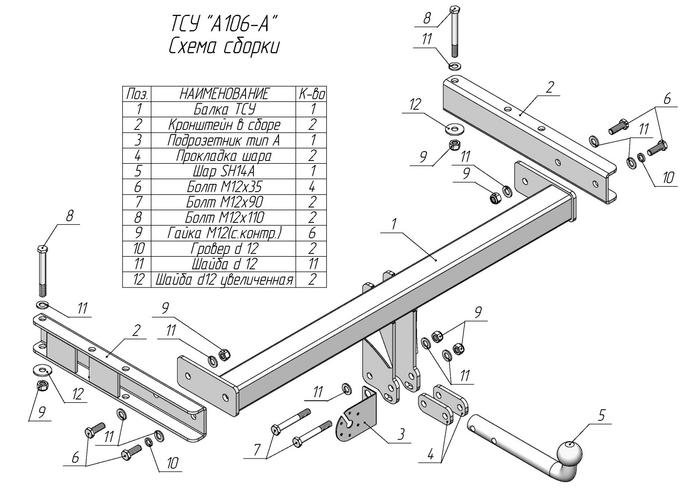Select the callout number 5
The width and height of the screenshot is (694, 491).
601,415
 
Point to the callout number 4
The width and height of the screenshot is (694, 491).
430,454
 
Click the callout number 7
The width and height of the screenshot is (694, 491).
256,450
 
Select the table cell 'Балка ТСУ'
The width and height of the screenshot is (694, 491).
224,109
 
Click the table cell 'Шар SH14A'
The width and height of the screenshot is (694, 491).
224,171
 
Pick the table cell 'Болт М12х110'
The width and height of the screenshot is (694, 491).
224,218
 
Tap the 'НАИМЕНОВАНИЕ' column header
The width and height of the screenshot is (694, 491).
224,94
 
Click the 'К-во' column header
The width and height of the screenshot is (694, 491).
312,94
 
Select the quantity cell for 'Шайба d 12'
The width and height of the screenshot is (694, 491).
312,264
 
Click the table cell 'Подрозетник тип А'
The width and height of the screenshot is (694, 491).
224,141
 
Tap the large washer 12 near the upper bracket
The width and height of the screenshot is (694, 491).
455,129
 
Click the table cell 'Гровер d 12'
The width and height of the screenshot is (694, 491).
224,249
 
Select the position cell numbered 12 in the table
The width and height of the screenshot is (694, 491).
138,280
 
